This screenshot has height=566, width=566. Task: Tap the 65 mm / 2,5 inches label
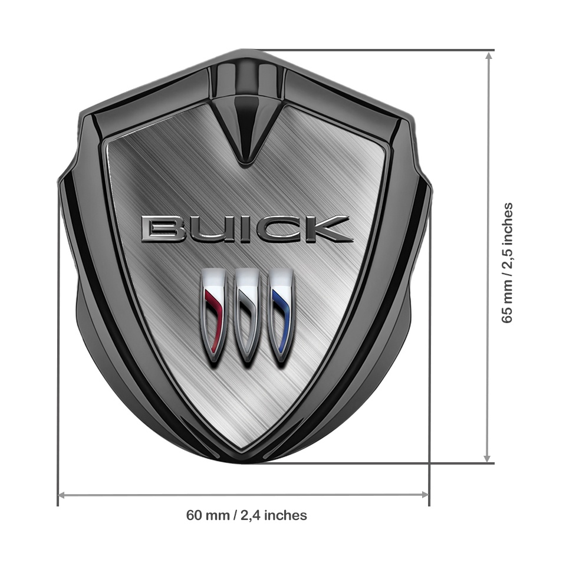506,262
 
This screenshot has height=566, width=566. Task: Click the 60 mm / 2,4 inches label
246,515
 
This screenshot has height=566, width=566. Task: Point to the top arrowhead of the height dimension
488,56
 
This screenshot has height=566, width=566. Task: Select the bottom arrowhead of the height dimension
488,458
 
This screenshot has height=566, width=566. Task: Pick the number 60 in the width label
194,515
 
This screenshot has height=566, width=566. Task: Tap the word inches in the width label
285,515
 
